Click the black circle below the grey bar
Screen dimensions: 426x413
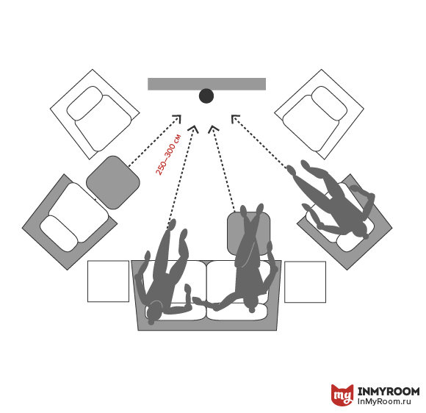tap(206, 96)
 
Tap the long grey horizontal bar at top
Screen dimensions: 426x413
tap(206, 84)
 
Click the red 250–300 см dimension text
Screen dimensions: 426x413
tap(168, 154)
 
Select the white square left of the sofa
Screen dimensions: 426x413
tap(108, 281)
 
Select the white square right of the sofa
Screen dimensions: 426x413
tap(305, 282)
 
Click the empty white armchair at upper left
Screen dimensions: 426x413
tap(95, 114)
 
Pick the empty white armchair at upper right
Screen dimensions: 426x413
tap(319, 114)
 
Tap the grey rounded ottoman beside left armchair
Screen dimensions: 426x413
tap(113, 182)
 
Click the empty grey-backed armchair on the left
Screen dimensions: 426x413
tap(70, 222)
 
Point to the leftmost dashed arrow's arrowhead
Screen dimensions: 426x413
tap(178, 118)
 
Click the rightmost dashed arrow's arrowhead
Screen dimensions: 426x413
tap(234, 118)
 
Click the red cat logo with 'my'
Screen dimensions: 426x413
tap(342, 395)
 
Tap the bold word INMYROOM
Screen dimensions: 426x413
tap(389, 392)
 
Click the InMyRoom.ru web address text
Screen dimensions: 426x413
tap(384, 401)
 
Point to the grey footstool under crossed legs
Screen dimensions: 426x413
tap(248, 233)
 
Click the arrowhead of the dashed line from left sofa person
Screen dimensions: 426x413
tap(194, 129)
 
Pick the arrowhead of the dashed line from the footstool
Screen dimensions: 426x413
tap(213, 129)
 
